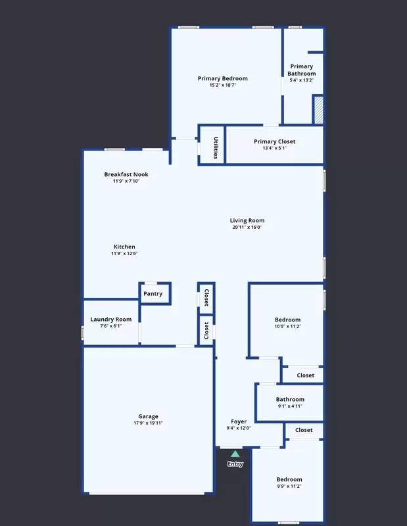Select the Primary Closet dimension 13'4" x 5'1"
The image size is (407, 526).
(x=274, y=149)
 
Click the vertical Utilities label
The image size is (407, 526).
(x=215, y=147)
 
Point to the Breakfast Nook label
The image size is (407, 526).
(x=126, y=174)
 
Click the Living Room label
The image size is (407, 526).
(x=247, y=220)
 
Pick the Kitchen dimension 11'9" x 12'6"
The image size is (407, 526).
(x=124, y=254)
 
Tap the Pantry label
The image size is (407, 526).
(x=153, y=294)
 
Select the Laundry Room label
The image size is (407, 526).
(x=110, y=320)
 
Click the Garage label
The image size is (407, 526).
(x=148, y=416)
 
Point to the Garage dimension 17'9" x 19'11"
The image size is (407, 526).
(x=148, y=423)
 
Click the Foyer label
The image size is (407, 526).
(x=238, y=421)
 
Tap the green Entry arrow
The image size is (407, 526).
(x=235, y=454)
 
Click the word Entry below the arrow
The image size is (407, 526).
(x=235, y=464)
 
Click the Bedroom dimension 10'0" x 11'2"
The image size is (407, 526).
(x=288, y=327)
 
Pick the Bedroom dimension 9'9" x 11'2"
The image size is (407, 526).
(x=289, y=487)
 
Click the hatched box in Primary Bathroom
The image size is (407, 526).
(x=318, y=109)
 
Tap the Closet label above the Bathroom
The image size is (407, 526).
(x=305, y=375)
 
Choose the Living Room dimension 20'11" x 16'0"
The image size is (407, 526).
(x=247, y=227)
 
